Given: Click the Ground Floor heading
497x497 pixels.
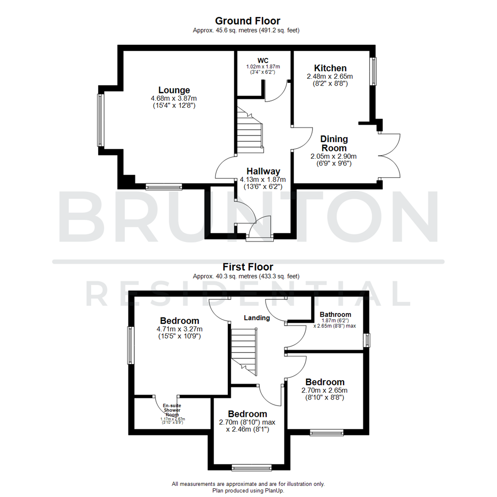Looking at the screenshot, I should pos(248,21).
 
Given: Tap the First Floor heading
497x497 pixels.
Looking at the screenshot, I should pos(248,267).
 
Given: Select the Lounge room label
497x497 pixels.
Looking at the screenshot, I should pos(174,90).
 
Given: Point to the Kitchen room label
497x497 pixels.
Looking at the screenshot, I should pos(330,68).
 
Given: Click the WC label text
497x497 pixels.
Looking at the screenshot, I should pos(263,60).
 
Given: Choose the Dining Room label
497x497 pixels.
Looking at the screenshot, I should pos(334,144).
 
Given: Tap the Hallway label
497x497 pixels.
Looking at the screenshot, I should pos(263,171).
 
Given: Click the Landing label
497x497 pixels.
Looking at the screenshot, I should pos(257,318).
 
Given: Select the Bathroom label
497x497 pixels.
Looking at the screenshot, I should pos(335,315).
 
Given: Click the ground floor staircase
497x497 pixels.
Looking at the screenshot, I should pos(249,131).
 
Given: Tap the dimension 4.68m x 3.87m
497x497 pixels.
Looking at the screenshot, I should pos(174,98).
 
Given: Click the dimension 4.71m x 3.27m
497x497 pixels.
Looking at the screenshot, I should pos(179,329).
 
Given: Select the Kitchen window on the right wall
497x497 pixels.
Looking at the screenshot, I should pos(373,71).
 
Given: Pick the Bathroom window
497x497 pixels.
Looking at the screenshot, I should pos(367,341).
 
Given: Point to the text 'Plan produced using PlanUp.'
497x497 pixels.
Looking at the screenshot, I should pos(248,491).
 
